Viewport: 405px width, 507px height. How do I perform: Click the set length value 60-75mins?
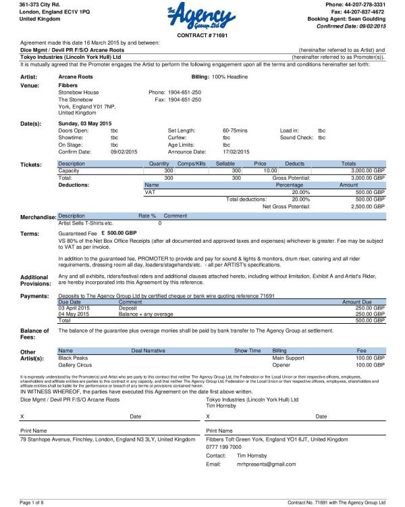236,130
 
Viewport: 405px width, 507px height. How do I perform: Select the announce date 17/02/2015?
236,151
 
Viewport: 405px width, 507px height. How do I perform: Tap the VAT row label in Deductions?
151,192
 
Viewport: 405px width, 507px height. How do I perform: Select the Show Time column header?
248,351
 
